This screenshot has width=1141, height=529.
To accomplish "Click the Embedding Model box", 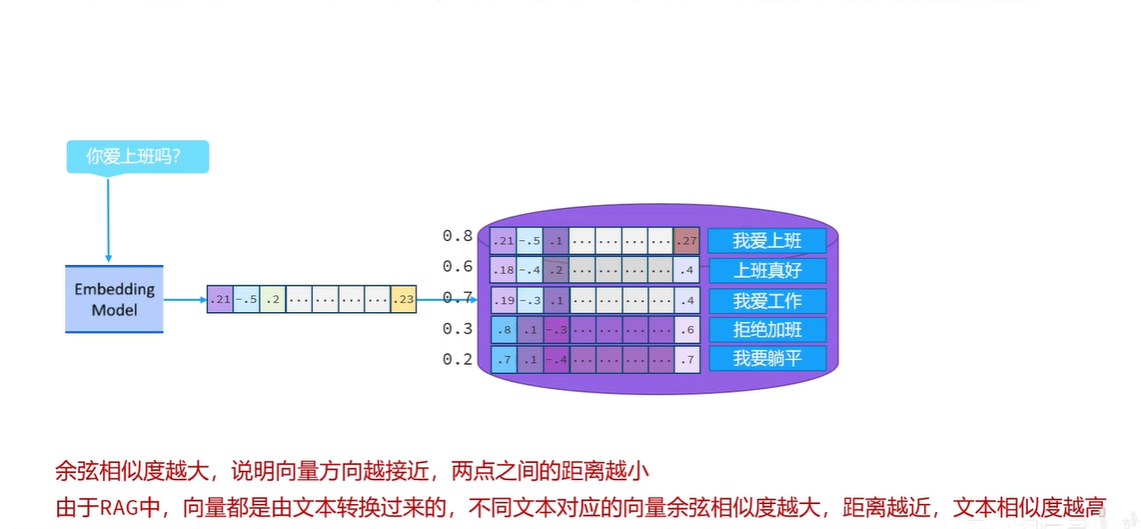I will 114,300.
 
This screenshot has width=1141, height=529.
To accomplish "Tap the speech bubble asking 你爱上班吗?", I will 137,157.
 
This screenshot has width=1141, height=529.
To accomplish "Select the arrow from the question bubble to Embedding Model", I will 108,219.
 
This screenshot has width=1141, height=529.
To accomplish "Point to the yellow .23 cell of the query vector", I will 404,300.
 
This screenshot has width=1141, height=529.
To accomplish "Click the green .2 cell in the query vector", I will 273,300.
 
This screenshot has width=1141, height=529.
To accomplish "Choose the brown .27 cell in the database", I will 687,241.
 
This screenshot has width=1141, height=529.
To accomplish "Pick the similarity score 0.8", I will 457,236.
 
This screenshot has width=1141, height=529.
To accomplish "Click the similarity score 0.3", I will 457,329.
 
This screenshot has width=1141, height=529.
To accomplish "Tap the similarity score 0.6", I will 457,267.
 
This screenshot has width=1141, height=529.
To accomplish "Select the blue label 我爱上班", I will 768,241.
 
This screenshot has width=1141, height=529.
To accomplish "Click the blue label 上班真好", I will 768,270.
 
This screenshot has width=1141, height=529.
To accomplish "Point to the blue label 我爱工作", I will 768,301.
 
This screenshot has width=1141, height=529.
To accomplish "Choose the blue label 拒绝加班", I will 768,330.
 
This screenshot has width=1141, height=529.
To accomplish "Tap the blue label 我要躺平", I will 768,359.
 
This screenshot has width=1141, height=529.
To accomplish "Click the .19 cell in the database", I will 503,301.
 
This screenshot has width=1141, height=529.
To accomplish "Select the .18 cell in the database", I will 503,270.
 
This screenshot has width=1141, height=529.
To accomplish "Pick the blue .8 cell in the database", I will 503,330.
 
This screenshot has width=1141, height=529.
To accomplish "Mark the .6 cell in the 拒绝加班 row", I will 687,330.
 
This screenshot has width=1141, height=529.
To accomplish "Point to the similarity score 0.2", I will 457,360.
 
